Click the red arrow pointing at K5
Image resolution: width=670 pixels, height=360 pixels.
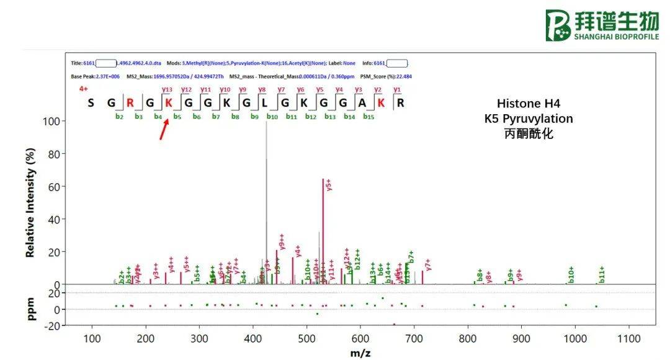click(x=164, y=130)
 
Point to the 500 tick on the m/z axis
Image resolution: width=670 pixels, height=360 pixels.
click(x=306, y=338)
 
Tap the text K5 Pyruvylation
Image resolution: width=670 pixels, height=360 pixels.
click(x=529, y=118)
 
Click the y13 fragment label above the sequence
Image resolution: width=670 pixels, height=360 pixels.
click(x=167, y=90)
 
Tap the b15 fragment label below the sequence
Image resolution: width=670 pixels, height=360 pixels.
click(x=368, y=116)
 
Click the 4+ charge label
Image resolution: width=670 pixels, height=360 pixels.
click(x=83, y=89)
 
